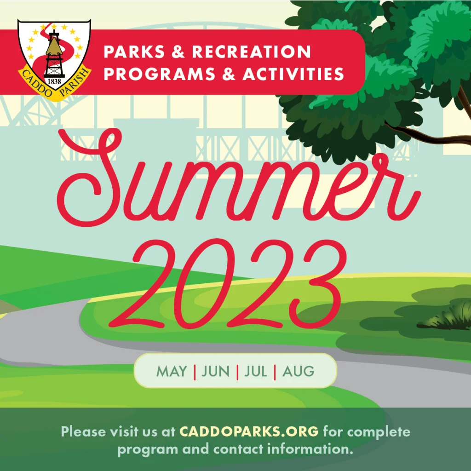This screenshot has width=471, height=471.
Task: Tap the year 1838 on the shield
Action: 54,81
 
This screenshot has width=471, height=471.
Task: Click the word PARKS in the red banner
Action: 134,52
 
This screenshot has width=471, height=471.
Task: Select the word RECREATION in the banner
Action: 251,52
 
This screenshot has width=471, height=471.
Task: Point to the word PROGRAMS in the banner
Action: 160,74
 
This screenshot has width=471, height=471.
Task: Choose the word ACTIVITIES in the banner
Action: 293,74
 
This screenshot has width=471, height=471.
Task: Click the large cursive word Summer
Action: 239,177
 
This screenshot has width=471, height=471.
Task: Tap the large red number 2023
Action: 228,284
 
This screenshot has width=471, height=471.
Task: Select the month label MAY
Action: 172,371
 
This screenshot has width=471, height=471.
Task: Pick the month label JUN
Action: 215,371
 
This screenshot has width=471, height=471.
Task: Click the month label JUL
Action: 256,371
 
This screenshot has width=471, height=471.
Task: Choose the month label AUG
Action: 298,371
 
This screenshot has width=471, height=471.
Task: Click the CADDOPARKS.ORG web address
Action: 249,431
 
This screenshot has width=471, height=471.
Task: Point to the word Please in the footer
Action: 83,431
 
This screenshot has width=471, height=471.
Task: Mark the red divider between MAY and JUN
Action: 195,372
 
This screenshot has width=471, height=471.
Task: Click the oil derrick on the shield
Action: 54,54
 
